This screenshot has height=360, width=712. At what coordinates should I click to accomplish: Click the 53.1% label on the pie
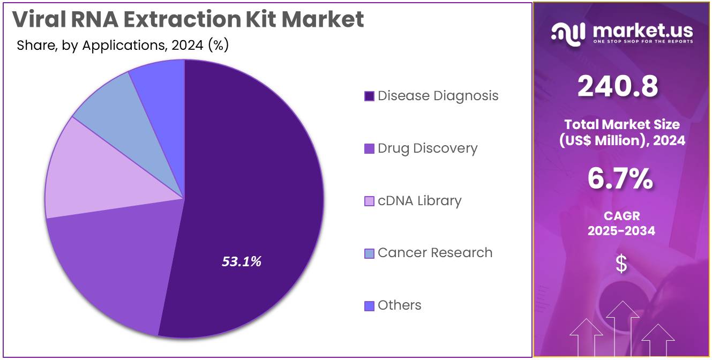tap(242, 261)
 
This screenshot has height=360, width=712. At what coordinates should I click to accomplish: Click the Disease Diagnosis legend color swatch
tap(369, 96)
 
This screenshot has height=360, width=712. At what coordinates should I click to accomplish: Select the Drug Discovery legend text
tap(427, 148)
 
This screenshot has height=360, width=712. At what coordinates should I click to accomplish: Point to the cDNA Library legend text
tap(419, 201)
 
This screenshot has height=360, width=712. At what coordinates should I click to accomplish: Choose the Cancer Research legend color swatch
tap(369, 253)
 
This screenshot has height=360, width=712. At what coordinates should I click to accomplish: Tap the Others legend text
tap(399, 305)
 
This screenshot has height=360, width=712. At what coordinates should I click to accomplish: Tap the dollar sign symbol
tap(621, 264)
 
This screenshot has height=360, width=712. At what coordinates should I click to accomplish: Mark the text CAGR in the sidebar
tap(621, 216)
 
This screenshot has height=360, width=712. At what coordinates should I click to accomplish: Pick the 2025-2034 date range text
tap(621, 231)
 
